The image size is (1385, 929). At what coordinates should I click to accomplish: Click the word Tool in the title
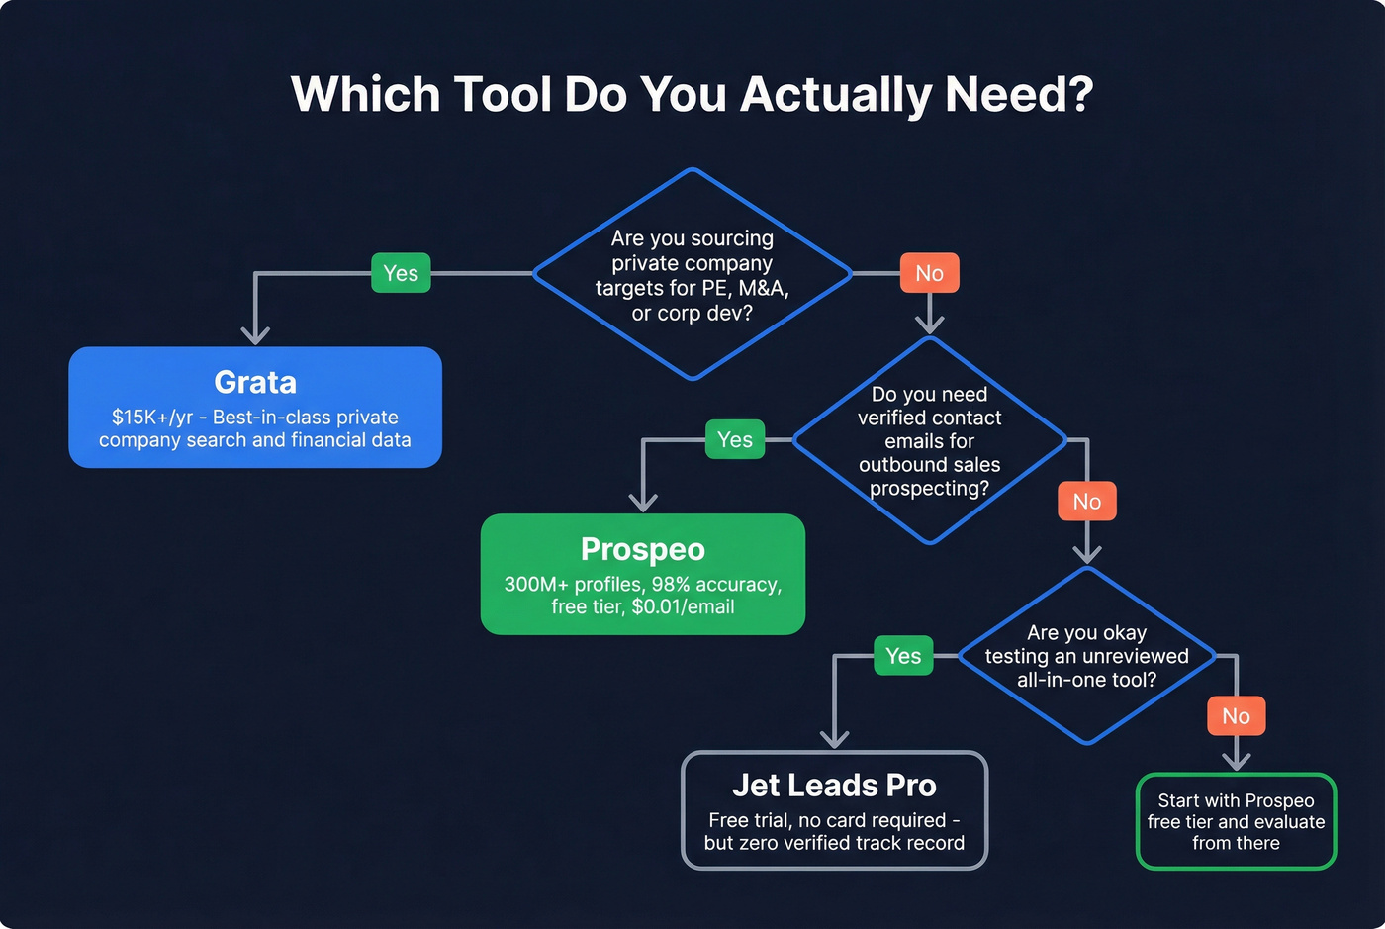(502, 95)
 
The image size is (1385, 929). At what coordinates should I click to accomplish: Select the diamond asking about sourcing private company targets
(692, 274)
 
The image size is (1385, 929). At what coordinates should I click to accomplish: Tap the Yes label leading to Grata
(401, 273)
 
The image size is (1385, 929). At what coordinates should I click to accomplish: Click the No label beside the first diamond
(929, 273)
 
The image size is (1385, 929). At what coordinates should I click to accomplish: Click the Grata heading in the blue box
(255, 382)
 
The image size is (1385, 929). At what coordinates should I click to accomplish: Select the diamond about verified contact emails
(929, 441)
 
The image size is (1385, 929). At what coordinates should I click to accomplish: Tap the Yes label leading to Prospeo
(734, 439)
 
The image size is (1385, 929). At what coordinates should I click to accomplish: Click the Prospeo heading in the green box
(643, 549)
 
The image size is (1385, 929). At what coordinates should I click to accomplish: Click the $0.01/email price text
(683, 606)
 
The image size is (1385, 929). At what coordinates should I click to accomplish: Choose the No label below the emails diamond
(1086, 502)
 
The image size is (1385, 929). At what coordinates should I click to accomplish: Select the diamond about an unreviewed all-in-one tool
(1086, 656)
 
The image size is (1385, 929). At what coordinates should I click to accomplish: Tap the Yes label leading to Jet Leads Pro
(903, 656)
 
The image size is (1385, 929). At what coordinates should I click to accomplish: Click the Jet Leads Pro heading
(834, 786)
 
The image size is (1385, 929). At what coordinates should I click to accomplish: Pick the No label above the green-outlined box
(1236, 716)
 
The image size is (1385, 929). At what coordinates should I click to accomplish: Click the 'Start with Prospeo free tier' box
(1236, 821)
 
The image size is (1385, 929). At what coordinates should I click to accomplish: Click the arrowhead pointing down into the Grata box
(255, 334)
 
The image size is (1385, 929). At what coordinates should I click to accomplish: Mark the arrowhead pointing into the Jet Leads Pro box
(835, 738)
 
